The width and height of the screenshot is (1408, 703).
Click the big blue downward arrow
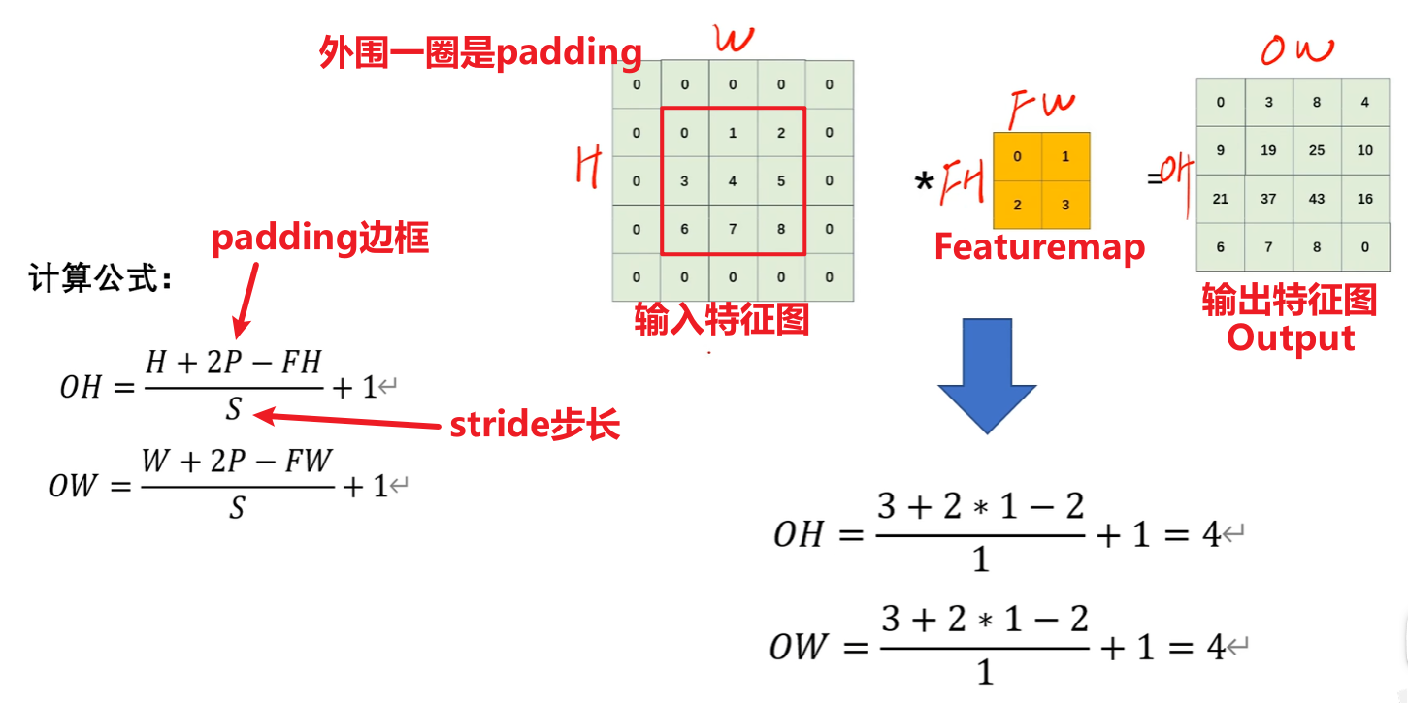(x=986, y=373)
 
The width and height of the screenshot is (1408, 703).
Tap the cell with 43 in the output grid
(x=1317, y=199)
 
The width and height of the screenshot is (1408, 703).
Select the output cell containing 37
(x=1268, y=199)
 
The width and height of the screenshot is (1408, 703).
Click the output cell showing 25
(x=1317, y=150)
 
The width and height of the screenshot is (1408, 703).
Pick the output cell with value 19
(x=1268, y=150)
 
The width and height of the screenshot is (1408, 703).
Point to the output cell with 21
(x=1221, y=199)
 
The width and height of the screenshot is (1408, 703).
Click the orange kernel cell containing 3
(x=1065, y=205)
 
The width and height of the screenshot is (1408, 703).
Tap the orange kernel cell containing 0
(x=1017, y=156)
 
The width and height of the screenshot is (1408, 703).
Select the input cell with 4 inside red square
(x=733, y=181)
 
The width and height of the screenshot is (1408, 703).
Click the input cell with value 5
(x=781, y=181)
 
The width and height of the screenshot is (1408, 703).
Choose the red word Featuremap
(x=1039, y=247)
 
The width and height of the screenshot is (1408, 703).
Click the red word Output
(x=1291, y=338)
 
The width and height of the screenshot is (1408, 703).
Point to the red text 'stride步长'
(x=535, y=426)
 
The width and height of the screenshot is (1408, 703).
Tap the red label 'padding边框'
(x=320, y=238)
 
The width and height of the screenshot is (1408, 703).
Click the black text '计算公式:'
(x=101, y=280)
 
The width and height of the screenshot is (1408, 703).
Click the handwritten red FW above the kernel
(x=1043, y=110)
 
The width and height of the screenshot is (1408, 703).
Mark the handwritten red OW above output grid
(x=1296, y=49)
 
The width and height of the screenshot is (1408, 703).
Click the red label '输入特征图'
(x=722, y=318)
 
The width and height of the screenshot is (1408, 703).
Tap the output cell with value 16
(x=1365, y=199)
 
